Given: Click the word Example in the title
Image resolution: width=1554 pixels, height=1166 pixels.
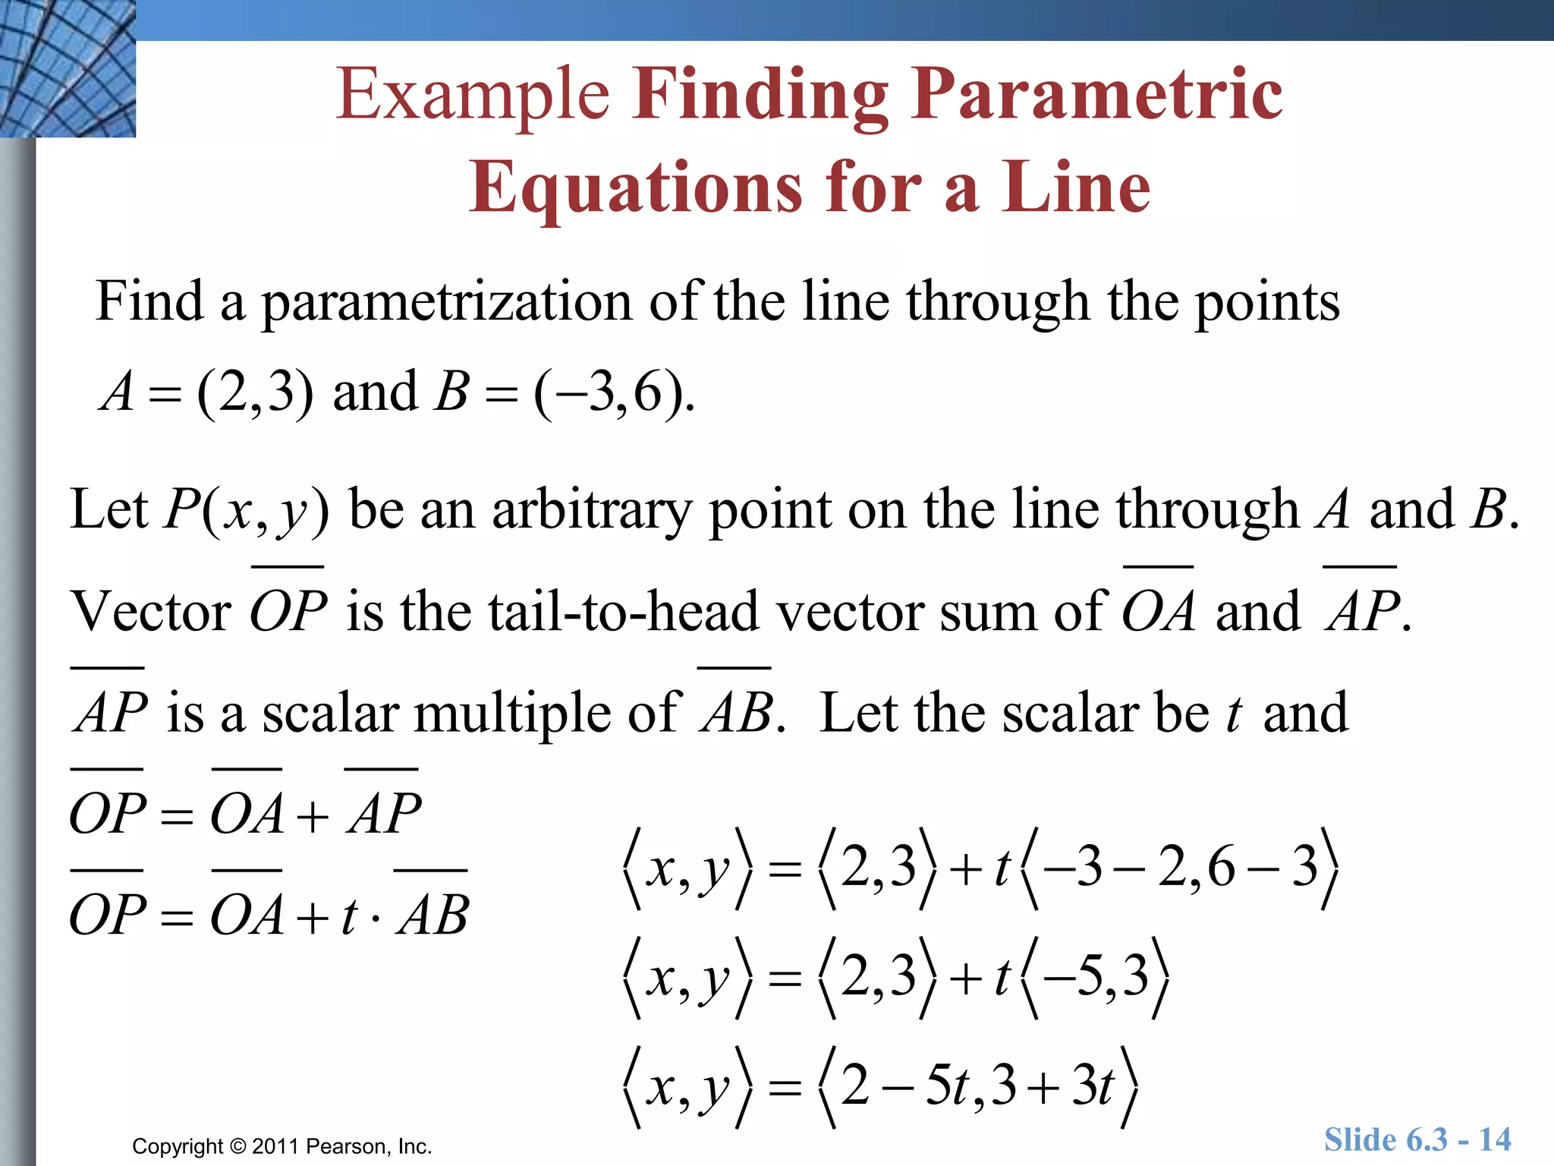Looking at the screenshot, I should (472, 95).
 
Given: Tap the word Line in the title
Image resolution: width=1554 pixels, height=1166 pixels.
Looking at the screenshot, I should (1075, 188).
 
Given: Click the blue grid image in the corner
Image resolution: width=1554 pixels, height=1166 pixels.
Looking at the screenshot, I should (67, 68).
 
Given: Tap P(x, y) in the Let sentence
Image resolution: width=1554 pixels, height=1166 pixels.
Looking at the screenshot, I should (247, 510).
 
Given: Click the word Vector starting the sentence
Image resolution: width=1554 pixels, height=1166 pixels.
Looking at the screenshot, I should (150, 612).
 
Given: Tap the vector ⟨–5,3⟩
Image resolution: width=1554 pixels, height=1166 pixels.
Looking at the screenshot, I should (1095, 977).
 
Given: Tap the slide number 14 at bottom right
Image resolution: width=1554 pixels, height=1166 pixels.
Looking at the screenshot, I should (1494, 1140).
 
